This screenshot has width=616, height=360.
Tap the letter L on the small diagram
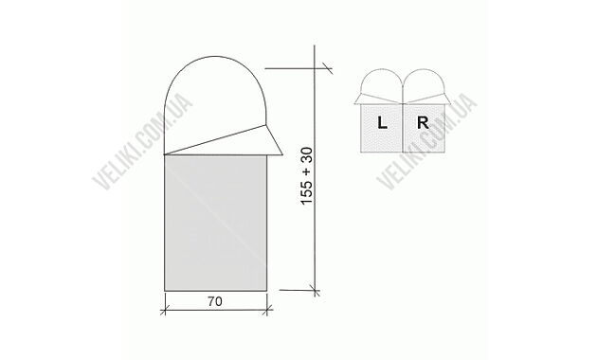click(x=382, y=123)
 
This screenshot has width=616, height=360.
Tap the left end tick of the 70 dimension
click(x=165, y=309)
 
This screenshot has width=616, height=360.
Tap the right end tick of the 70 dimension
click(x=271, y=309)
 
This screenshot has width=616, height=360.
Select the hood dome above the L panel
click(x=382, y=82)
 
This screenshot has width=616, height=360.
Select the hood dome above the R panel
click(x=425, y=82)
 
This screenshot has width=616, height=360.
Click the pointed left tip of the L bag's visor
click(x=354, y=102)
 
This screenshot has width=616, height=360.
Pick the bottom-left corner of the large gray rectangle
click(x=165, y=292)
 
